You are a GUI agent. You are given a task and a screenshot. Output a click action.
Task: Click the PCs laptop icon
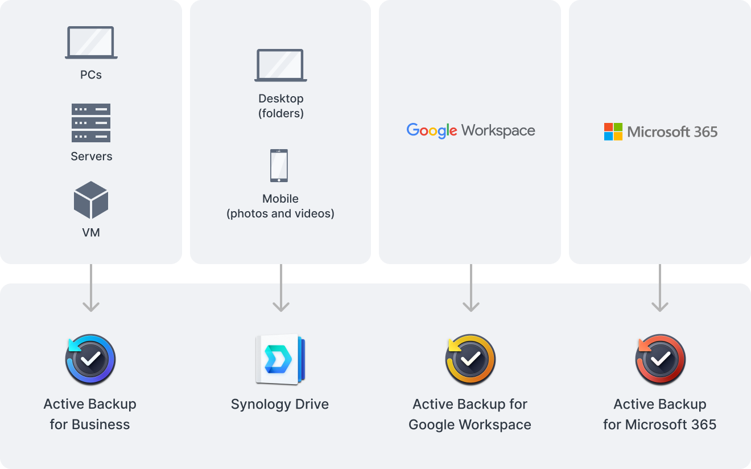[91, 43]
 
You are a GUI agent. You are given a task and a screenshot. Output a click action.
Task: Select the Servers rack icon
[91, 123]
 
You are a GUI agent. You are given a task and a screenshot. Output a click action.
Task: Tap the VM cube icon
[91, 200]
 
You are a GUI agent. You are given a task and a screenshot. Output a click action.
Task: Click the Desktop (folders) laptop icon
[280, 65]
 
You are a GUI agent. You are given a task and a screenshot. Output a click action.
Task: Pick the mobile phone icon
[279, 166]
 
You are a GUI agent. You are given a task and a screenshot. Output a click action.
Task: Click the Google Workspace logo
[471, 131]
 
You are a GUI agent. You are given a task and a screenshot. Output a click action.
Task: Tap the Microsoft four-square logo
[613, 131]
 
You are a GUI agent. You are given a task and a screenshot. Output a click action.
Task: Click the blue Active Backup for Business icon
[90, 360]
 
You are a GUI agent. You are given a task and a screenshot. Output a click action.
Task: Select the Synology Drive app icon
[280, 360]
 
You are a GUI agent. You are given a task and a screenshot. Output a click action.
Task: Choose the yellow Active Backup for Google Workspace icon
[470, 360]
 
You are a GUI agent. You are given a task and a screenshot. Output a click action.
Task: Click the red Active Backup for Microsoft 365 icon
[660, 360]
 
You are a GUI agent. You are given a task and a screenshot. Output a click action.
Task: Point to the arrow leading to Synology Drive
[281, 288]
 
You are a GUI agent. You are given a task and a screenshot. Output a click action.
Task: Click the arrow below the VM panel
[91, 288]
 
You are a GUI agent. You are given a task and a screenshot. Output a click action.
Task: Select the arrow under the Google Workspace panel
[471, 288]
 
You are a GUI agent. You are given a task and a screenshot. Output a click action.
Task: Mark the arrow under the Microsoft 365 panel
[660, 288]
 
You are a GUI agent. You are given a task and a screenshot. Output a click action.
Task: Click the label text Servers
[92, 157]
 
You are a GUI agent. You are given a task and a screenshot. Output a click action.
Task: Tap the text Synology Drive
[280, 405]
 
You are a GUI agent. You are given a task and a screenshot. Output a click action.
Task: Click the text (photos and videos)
[280, 214]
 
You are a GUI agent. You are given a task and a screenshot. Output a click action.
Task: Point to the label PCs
[91, 75]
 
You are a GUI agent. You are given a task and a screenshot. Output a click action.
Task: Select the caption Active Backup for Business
[90, 414]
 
